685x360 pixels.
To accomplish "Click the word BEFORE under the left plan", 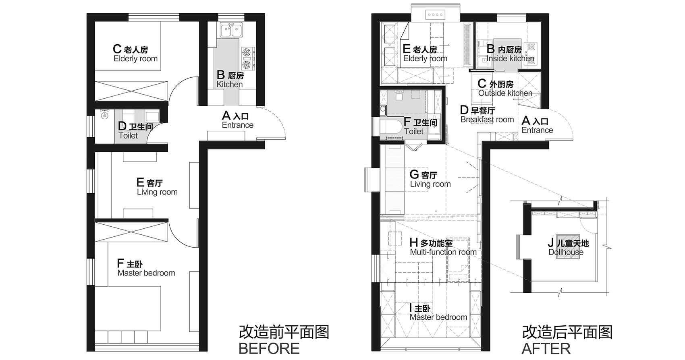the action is [269, 349].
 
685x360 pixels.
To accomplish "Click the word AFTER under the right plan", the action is [546, 349].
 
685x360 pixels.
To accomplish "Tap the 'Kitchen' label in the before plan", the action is [230, 84].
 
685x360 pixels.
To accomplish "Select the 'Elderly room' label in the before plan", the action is [135, 59].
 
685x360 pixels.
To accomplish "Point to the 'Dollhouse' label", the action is [566, 252].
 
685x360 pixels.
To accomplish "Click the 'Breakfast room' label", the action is [487, 120].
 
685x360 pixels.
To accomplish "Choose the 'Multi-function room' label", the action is [443, 252].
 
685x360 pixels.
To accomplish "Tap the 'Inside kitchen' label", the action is [511, 58].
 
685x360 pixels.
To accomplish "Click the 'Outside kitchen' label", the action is [505, 93].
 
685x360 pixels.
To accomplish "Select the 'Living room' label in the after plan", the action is [430, 184].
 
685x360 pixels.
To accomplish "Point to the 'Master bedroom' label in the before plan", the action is [146, 273].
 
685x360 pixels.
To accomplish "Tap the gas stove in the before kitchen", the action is [248, 58].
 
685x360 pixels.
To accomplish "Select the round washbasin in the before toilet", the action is [105, 115].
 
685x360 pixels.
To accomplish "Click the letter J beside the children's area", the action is [550, 243].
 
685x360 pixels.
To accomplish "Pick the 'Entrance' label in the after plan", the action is [537, 130].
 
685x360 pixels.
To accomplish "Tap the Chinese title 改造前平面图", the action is [284, 332].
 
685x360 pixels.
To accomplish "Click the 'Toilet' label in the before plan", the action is [128, 136].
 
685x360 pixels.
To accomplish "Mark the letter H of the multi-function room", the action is [414, 243].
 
